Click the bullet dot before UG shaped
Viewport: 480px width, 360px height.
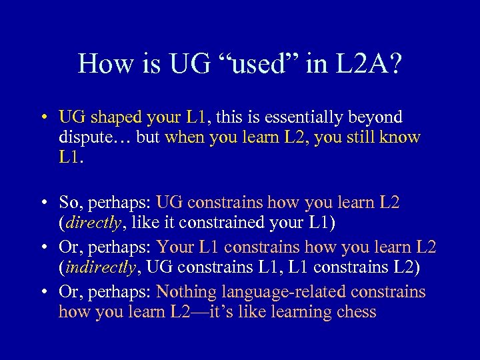tap(42, 119)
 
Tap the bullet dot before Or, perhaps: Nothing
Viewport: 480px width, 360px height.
tap(42, 293)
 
